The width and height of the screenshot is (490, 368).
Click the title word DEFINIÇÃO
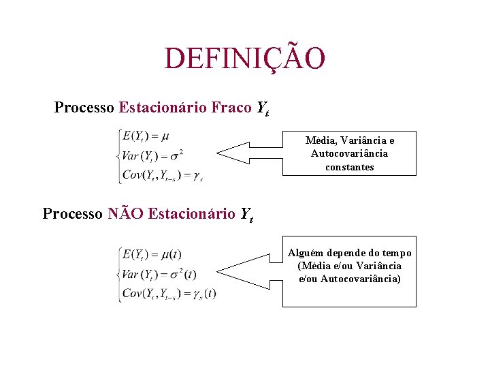[x=245, y=59]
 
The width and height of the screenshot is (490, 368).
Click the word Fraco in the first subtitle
[x=231, y=108]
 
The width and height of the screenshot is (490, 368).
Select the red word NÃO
[x=125, y=213]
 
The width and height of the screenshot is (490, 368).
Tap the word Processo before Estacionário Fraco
[x=84, y=108]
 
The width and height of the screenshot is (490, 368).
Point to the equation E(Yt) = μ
[x=146, y=136]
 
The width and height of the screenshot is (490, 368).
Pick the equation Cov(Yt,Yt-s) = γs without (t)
[x=162, y=174]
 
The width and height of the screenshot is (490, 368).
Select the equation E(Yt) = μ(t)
[x=151, y=254]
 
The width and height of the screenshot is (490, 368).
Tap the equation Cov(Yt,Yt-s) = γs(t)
[x=168, y=294]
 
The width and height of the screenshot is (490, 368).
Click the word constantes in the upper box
[x=349, y=167]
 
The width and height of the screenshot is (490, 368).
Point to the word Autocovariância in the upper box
[x=349, y=153]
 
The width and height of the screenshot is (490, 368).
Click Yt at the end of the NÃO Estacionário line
[x=246, y=215]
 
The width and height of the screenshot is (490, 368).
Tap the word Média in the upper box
[x=320, y=140]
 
